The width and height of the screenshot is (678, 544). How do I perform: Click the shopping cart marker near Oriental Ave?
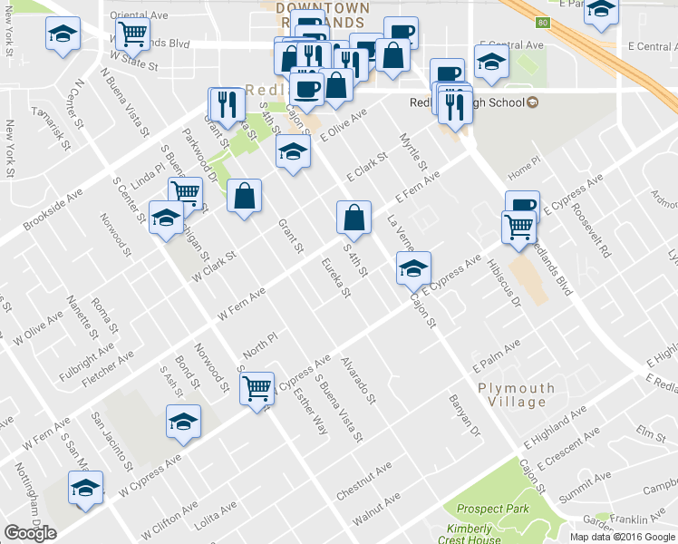pos(132,35)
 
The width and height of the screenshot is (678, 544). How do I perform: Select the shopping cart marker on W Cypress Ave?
pos(257,388)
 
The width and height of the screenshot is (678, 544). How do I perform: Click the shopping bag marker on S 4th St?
pos(354,218)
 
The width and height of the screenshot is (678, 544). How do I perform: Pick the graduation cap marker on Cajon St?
pos(413,268)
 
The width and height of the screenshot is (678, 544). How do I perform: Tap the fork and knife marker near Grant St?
pos(223,104)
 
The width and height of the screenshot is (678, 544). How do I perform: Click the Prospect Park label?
pos(493,509)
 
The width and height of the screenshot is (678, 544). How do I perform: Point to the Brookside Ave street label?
pos(53,209)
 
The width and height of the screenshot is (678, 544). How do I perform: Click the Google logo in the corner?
pos(31,533)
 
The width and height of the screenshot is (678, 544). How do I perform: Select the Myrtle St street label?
pos(412,152)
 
